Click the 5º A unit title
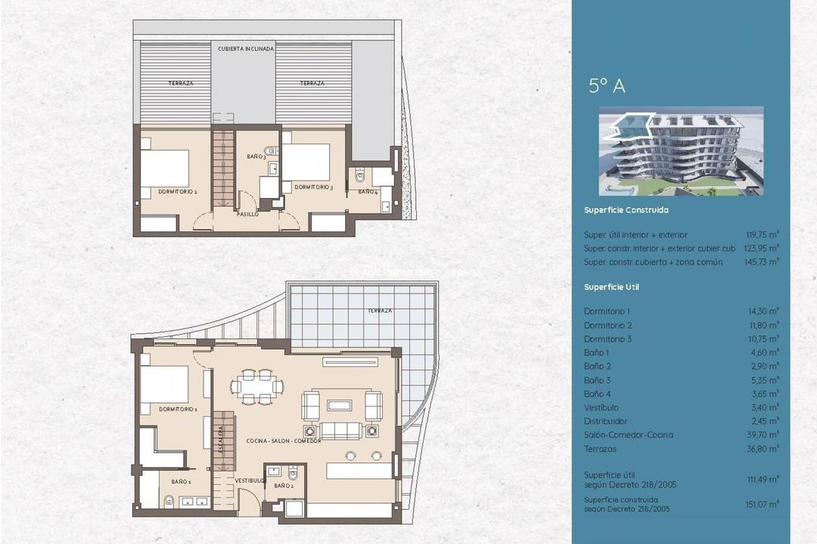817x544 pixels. coord(607,86)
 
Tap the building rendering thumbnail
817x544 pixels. coord(681,150)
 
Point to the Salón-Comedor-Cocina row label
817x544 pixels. coord(629,435)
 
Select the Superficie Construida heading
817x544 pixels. coord(626,210)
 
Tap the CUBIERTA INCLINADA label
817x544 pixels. coord(245,48)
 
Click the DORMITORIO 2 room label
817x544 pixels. coord(178,192)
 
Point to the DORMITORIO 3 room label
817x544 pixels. coord(313,187)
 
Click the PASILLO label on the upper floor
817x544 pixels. coord(247,215)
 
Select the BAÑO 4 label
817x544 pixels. coord(368,193)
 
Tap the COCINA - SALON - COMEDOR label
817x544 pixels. coord(284,440)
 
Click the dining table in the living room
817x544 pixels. coord(256,387)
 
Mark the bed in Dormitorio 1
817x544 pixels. coord(164,385)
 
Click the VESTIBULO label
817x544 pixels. coord(248,481)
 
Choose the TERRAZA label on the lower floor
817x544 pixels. coord(380,311)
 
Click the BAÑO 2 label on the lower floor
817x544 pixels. coord(284,486)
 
